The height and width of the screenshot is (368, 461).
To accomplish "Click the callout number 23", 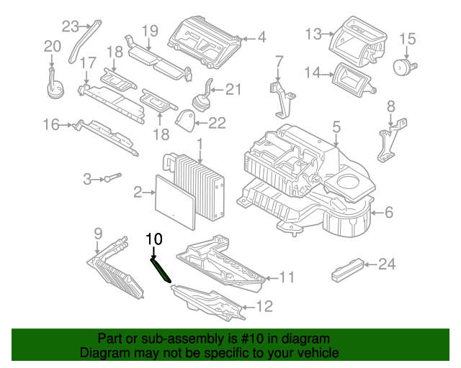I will pos(69,27).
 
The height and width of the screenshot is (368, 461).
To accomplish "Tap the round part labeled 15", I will pos(401,65).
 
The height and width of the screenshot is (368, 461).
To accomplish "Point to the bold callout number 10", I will pos(155,238).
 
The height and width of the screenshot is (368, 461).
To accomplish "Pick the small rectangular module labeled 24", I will pos(346,273).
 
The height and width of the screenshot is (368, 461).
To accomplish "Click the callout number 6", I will pos(388,212).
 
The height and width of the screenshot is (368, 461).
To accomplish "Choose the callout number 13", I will pos(313,33).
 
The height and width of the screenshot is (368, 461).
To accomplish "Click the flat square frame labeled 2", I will pos(175,199).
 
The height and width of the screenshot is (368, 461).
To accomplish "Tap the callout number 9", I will pos(99,232).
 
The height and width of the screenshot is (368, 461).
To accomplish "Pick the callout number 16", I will pos(50,125).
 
